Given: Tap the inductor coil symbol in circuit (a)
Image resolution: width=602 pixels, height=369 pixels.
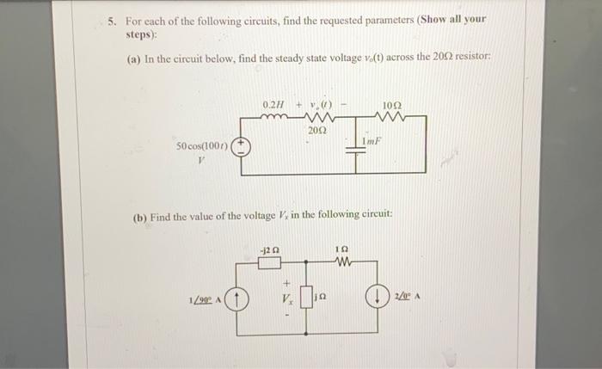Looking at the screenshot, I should pos(273,117).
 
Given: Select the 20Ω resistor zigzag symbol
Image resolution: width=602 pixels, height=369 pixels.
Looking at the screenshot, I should pos(316,119).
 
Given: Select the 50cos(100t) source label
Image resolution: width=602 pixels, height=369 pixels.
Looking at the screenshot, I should pos(201,146).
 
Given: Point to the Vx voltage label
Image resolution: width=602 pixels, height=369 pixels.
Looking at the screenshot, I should pos(287,298).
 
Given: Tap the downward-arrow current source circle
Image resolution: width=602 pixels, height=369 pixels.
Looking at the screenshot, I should pos(376,299).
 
